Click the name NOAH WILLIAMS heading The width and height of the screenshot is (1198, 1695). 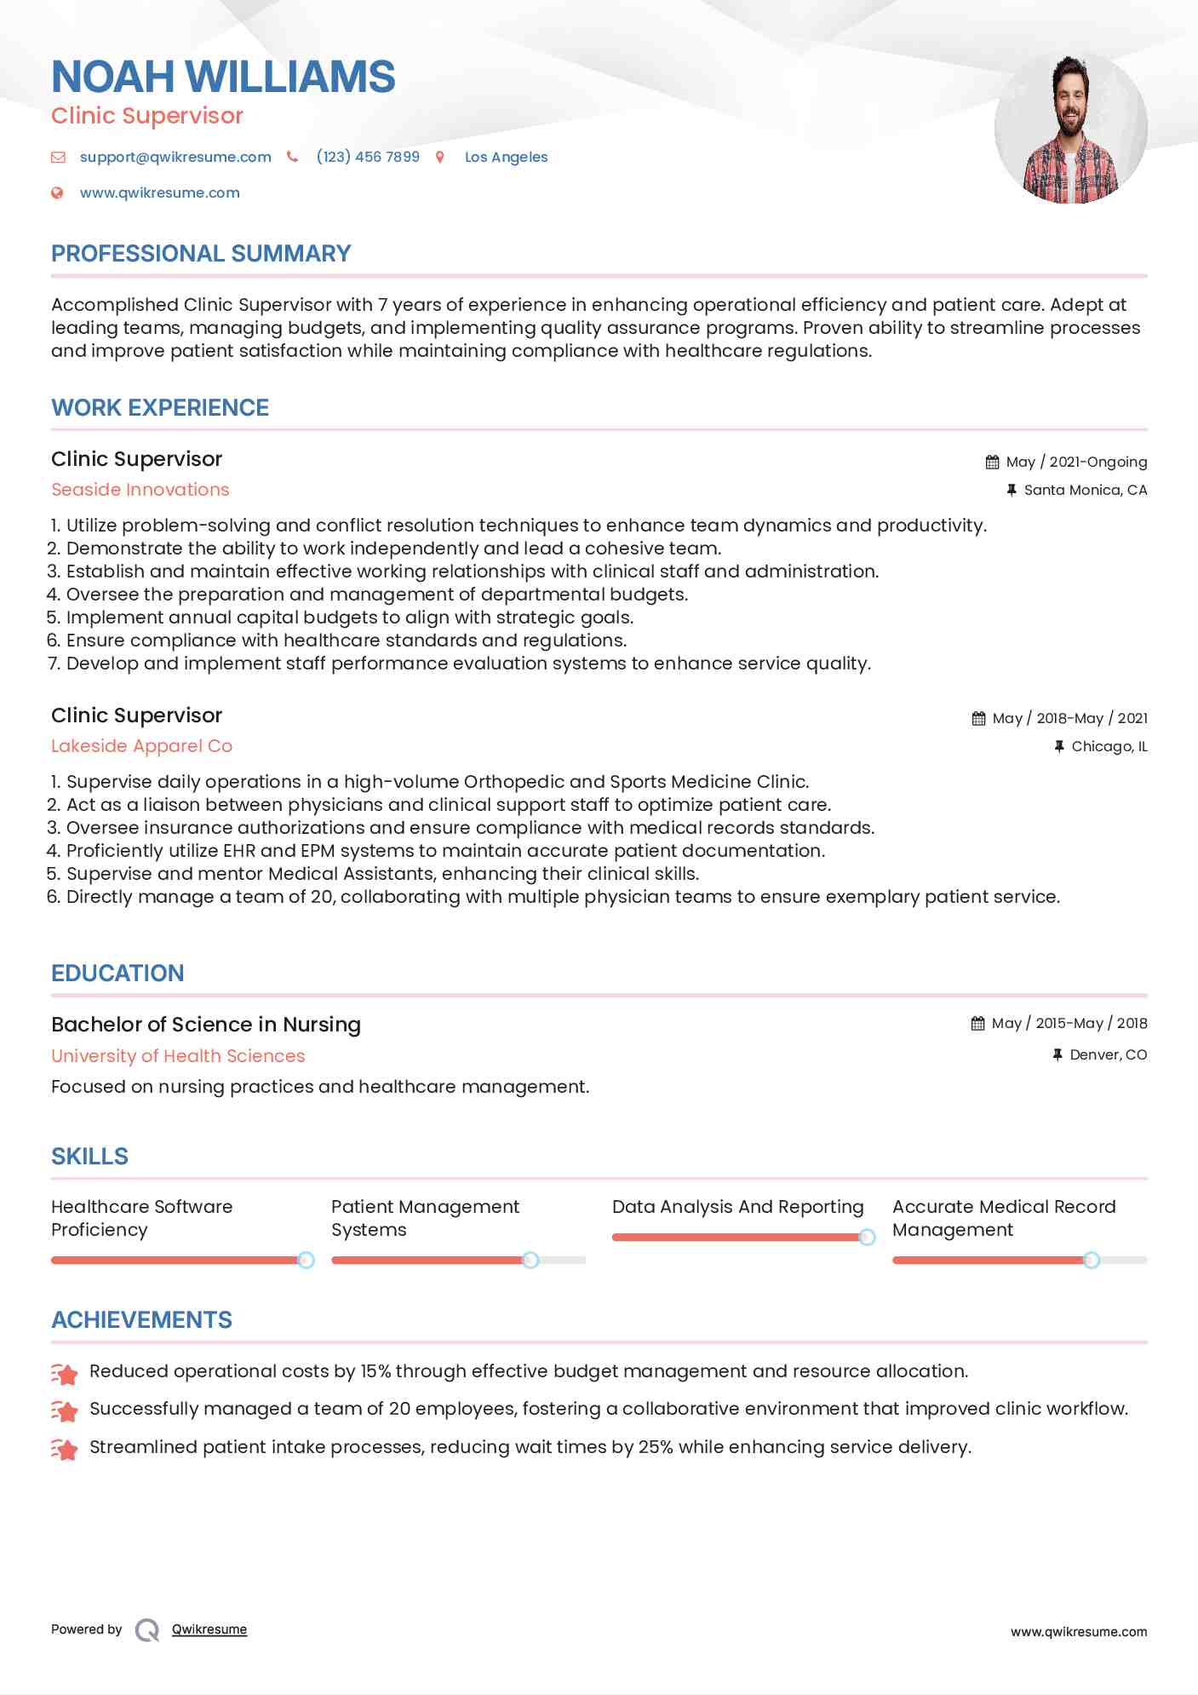(223, 77)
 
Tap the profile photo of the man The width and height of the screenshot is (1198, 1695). (1070, 128)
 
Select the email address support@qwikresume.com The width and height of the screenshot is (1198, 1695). (175, 157)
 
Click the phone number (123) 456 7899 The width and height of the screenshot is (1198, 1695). (367, 157)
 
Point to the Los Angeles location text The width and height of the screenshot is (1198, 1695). (506, 157)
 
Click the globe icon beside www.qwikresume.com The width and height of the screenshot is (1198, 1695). (57, 192)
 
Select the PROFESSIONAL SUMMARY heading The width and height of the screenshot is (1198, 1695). (201, 254)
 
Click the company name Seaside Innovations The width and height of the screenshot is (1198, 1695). (140, 490)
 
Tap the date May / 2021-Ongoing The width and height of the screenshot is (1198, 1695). (1076, 462)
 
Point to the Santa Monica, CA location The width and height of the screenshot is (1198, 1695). (1085, 490)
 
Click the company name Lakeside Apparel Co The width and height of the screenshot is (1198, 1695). (141, 746)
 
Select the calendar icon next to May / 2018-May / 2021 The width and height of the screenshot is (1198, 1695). (978, 718)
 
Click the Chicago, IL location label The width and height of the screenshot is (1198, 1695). (1109, 746)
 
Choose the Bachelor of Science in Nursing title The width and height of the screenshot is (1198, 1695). (206, 1025)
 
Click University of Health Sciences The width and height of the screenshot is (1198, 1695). (178, 1056)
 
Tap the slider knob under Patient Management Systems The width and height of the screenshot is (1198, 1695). (530, 1260)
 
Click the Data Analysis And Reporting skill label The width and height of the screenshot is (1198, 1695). (737, 1207)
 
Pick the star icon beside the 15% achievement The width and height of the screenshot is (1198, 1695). (65, 1372)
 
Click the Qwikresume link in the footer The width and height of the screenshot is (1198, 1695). (209, 1629)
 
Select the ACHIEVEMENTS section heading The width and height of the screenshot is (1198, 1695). (141, 1320)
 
